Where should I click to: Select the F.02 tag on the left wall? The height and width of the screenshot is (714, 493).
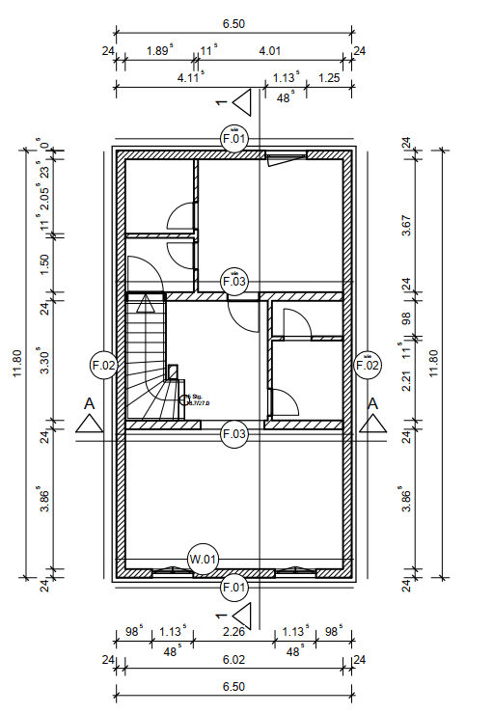[x=103, y=365]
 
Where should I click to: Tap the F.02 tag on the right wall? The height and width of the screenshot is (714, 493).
[x=368, y=365]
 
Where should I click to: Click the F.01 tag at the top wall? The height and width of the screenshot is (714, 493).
[x=234, y=139]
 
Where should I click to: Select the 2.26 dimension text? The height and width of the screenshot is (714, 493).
[x=234, y=633]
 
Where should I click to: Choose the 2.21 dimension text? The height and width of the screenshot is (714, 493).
[x=406, y=380]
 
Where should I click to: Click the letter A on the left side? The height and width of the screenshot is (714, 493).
[x=89, y=402]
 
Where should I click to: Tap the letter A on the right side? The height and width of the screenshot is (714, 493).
[x=373, y=402]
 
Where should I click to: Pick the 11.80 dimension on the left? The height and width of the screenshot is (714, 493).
[x=16, y=365]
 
